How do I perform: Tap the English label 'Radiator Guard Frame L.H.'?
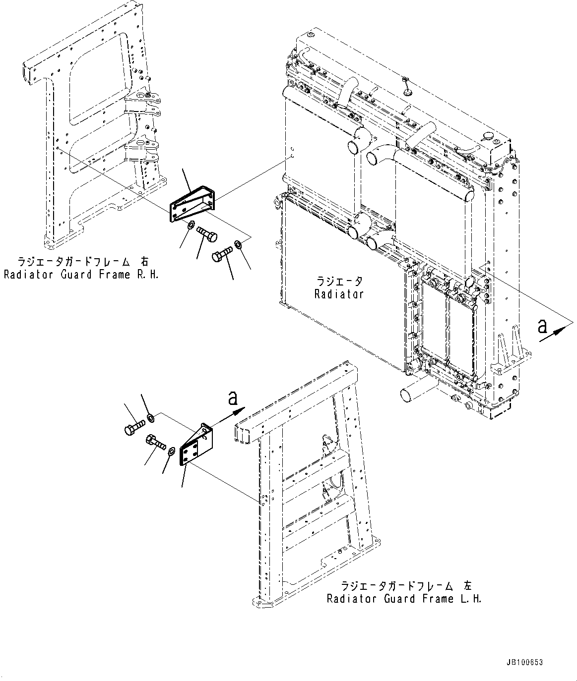click(404, 598)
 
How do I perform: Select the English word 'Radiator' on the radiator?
click(339, 293)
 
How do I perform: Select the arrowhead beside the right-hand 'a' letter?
click(559, 331)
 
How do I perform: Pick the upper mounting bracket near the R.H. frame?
click(193, 204)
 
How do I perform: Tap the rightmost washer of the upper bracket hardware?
click(238, 244)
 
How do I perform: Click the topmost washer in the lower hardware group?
click(151, 418)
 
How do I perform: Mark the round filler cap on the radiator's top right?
click(487, 135)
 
